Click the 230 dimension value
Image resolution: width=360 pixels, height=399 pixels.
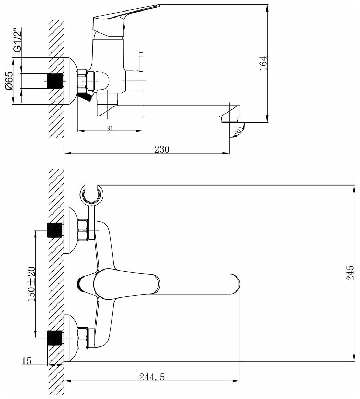pyautogui.click(x=162, y=149)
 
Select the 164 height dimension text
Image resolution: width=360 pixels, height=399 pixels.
pyautogui.click(x=264, y=63)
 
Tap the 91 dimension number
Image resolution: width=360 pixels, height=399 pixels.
pyautogui.click(x=110, y=128)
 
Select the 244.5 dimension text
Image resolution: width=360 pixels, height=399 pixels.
pyautogui.click(x=152, y=377)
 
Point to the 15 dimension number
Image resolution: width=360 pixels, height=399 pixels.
pyautogui.click(x=27, y=361)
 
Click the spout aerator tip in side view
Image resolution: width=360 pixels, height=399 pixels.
pyautogui.click(x=227, y=119)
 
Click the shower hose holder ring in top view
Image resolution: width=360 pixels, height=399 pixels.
pyautogui.click(x=92, y=195)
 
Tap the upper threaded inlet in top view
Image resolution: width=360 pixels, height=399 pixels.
pyautogui.click(x=54, y=230)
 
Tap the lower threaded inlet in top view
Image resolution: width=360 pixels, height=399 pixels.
pyautogui.click(x=54, y=338)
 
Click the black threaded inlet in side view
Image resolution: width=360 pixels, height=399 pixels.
pyautogui.click(x=54, y=81)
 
